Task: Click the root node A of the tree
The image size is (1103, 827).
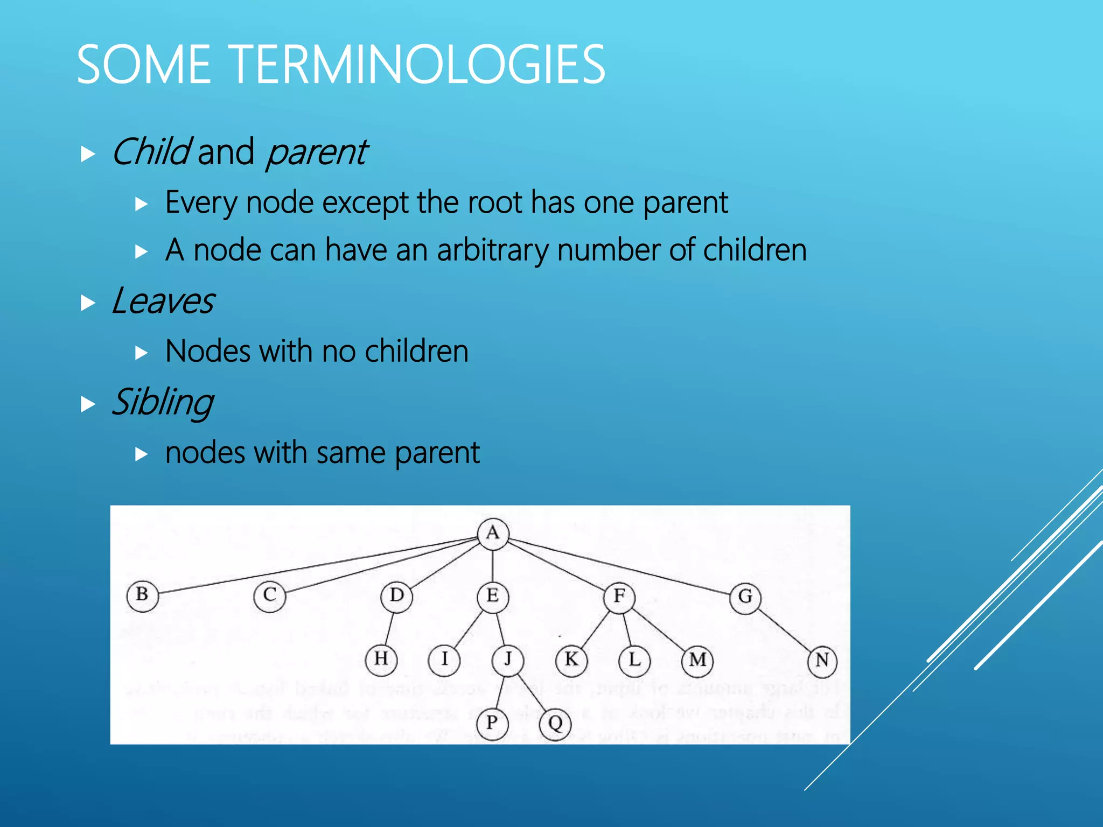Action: pyautogui.click(x=492, y=534)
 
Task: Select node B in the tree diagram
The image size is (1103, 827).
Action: pyautogui.click(x=142, y=595)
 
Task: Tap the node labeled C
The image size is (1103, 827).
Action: pyautogui.click(x=269, y=596)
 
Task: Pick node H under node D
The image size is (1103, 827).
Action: pyautogui.click(x=381, y=659)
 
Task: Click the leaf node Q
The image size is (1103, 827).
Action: pyautogui.click(x=555, y=723)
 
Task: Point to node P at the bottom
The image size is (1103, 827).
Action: pyautogui.click(x=492, y=723)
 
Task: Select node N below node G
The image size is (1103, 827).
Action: pyautogui.click(x=822, y=661)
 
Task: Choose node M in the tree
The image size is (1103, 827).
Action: pyautogui.click(x=697, y=660)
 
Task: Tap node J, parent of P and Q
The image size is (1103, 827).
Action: pyautogui.click(x=507, y=659)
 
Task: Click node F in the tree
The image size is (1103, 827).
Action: pyautogui.click(x=619, y=597)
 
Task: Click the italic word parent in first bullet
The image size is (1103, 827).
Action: pyautogui.click(x=317, y=152)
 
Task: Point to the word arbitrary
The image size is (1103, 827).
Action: pyautogui.click(x=493, y=250)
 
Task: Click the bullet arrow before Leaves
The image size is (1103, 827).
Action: pyautogui.click(x=87, y=303)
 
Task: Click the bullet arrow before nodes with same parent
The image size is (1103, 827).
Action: pyautogui.click(x=141, y=454)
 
